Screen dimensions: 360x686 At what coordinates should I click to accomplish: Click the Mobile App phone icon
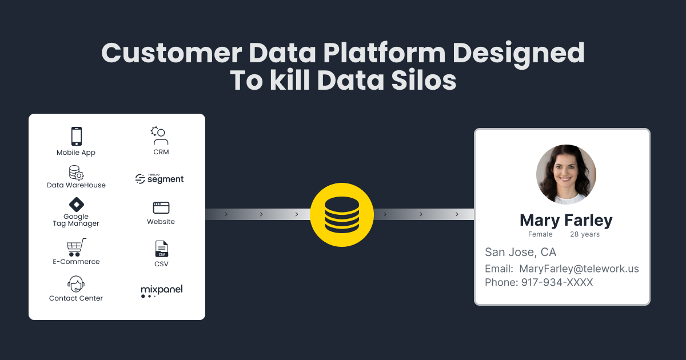click(76, 136)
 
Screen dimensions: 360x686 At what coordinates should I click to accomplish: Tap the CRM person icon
click(161, 136)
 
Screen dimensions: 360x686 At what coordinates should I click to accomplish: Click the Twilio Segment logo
click(159, 179)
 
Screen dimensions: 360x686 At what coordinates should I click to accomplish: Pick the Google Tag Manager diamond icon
click(76, 205)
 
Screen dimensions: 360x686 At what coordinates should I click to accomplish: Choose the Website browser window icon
click(161, 207)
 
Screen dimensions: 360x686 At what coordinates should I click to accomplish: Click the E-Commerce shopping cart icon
click(76, 247)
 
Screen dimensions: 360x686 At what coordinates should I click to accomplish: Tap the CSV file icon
click(161, 249)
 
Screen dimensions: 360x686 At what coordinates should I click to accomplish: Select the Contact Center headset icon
click(76, 284)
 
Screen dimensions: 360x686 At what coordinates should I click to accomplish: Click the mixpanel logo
click(161, 291)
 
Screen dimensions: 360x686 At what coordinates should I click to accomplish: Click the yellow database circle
click(342, 215)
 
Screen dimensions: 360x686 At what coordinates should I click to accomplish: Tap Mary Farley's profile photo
click(566, 174)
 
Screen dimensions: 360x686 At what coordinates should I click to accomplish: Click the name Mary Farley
click(565, 220)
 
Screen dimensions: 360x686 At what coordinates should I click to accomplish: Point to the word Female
click(540, 234)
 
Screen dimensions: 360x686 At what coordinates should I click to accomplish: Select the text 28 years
click(585, 234)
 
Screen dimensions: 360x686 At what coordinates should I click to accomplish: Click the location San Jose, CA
click(520, 252)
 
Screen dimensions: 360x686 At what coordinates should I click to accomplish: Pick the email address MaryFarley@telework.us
click(579, 269)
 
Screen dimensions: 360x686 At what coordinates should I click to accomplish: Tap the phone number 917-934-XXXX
click(557, 282)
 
